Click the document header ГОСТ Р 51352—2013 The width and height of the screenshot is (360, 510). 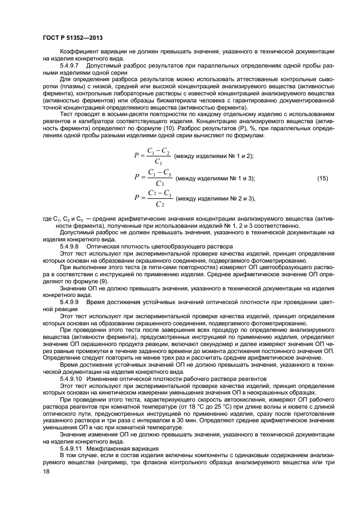point(72,37)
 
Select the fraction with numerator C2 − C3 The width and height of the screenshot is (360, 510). point(160,198)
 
